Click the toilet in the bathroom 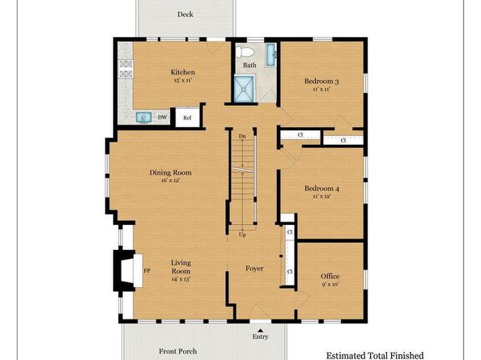(245, 52)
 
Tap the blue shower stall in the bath (245, 88)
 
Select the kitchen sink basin (144, 117)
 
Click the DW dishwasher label (162, 117)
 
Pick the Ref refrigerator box (187, 117)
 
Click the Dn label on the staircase (242, 136)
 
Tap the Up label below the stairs (242, 235)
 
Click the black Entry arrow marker (260, 330)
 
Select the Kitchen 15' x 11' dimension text (182, 81)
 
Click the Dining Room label (170, 172)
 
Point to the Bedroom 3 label (321, 81)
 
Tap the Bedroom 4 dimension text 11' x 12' (321, 196)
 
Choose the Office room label (330, 276)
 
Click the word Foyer (254, 269)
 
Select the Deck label (185, 14)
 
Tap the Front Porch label (178, 351)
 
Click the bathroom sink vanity (270, 55)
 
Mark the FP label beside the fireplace (147, 271)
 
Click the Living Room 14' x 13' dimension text (181, 279)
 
